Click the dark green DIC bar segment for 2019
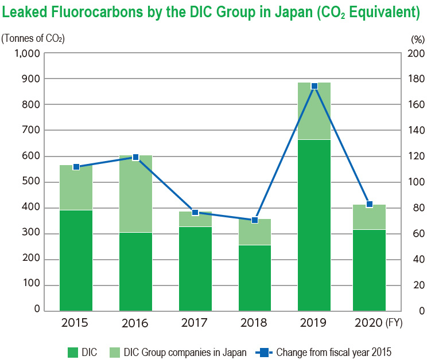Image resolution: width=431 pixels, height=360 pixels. [314, 225]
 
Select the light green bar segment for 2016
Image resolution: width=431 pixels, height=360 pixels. [135, 194]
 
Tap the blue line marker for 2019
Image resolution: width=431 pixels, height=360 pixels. [314, 86]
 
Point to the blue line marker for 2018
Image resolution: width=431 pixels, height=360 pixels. [255, 220]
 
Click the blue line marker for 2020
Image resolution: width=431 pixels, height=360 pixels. [369, 205]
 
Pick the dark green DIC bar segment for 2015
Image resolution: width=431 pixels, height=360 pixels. [76, 260]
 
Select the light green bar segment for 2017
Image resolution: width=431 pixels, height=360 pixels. [195, 220]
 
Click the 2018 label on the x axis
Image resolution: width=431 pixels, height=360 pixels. [255, 323]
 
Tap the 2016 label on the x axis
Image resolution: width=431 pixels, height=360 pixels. [135, 323]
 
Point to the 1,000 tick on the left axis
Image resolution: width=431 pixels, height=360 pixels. [26, 53]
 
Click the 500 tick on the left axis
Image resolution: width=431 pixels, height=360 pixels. [31, 182]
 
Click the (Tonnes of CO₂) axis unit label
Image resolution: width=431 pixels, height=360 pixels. [33, 39]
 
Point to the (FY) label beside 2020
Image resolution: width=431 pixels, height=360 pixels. [395, 323]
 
